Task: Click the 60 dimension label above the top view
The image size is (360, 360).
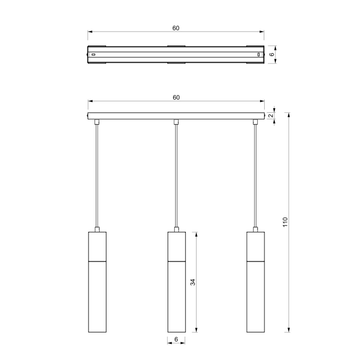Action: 176,28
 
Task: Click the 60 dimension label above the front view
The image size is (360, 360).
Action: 176,97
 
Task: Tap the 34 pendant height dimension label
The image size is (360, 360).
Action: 192,282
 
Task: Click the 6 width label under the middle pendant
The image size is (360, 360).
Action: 176,339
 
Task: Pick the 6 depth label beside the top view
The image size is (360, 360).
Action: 272,54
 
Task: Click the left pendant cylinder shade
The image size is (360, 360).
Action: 97,290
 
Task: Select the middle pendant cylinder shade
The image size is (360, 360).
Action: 176,290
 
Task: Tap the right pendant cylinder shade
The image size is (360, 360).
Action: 255,290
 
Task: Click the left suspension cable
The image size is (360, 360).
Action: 97,174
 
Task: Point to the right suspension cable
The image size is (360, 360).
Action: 255,174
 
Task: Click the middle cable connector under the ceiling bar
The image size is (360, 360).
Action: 176,122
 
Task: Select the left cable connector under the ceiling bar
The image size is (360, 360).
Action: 97,122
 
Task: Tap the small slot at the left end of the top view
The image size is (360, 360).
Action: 93,54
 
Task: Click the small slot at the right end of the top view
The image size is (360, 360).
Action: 259,54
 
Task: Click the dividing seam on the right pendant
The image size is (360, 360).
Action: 255,261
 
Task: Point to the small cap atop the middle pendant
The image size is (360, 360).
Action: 176,229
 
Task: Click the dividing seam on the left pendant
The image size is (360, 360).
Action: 97,261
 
